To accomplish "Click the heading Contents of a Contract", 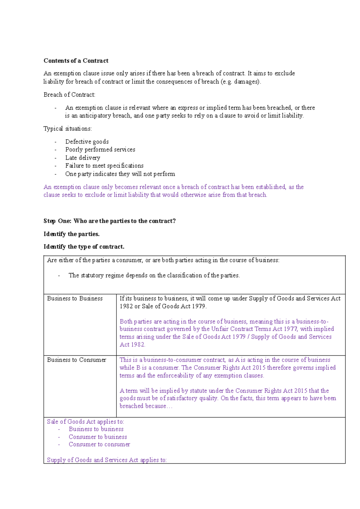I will click(76, 61).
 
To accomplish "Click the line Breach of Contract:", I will click(69, 95).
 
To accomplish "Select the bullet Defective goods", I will click(87, 142).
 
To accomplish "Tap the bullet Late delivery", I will click(82, 158).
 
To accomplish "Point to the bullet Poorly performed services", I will click(100, 149).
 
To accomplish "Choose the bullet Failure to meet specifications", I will click(104, 166).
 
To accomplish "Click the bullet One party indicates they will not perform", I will click(120, 174).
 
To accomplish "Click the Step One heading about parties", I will click(109, 221).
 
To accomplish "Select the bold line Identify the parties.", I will click(71, 234).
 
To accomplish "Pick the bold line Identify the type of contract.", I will click(84, 247).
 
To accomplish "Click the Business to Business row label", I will click(75, 298).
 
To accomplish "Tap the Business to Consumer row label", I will click(76, 360).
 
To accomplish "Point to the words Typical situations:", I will click(67, 129).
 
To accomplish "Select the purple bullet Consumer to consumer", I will click(99, 444).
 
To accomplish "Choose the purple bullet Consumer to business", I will click(98, 437).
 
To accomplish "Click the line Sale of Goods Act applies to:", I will click(85, 421).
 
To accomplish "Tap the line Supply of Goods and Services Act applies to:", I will click(106, 460).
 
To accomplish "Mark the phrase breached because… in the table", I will click(146, 406).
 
